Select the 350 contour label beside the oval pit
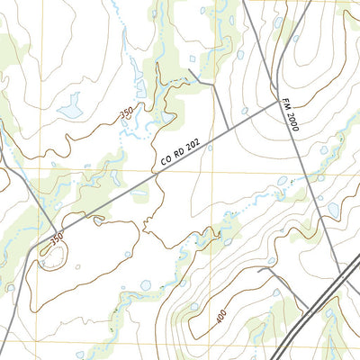(x=57, y=240)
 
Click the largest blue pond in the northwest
(x=69, y=111)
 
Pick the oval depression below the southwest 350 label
(x=50, y=258)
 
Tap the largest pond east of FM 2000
(x=333, y=209)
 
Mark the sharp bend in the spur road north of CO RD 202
(x=216, y=86)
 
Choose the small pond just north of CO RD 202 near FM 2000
(x=244, y=111)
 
